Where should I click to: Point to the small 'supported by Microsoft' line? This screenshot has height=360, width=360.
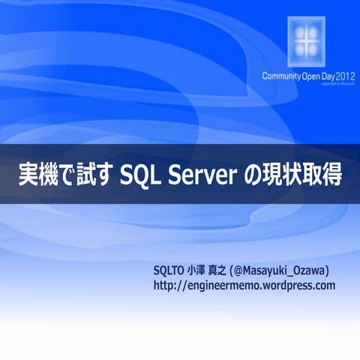[x=337, y=84]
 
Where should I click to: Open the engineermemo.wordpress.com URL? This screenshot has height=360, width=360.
[x=244, y=286]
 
